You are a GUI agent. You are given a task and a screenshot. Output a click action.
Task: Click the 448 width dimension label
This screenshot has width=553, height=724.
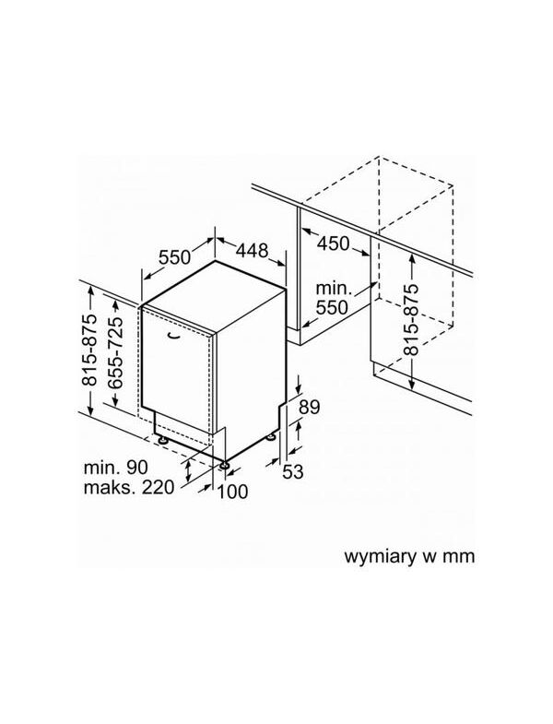coord(252,250)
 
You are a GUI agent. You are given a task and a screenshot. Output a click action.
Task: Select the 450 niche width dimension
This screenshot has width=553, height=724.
coord(333,243)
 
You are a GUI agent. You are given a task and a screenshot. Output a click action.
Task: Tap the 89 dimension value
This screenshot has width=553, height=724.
coord(309,408)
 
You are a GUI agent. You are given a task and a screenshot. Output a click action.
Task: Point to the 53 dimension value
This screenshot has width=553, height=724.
coord(293,471)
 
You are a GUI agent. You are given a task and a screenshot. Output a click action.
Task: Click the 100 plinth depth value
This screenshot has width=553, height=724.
coord(232,492)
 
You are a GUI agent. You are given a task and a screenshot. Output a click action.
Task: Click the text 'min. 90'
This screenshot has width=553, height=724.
coord(116,468)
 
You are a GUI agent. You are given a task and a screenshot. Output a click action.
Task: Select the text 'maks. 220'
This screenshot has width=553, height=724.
coord(129,487)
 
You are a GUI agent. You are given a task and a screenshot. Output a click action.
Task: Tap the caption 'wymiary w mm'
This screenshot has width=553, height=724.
coord(409,556)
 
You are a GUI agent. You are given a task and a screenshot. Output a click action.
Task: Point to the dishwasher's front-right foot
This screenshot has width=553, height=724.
coord(224,465)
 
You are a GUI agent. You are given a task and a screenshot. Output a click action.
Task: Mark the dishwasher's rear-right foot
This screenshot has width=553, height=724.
coord(271,436)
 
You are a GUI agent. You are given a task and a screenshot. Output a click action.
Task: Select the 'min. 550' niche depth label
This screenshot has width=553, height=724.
coord(333,298)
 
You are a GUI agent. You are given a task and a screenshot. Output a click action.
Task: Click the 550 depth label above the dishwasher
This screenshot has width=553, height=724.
coord(174,257)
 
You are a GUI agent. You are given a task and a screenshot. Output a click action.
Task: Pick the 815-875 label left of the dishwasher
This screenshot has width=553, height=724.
coord(89,350)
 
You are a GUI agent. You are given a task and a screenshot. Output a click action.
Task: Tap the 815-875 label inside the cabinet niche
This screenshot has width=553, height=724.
coord(411,319)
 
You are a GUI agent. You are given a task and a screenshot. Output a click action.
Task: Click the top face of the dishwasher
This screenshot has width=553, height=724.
coord(215,294)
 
